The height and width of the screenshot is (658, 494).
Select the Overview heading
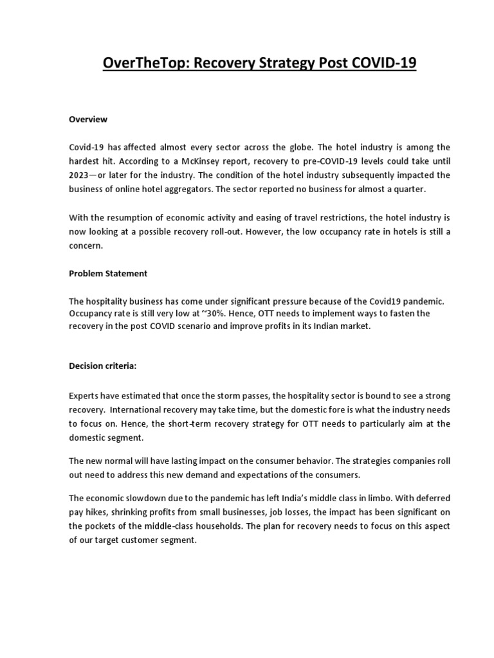tap(88, 120)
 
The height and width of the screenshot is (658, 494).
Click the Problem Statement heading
tap(108, 273)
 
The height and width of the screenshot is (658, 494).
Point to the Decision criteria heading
tap(103, 366)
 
